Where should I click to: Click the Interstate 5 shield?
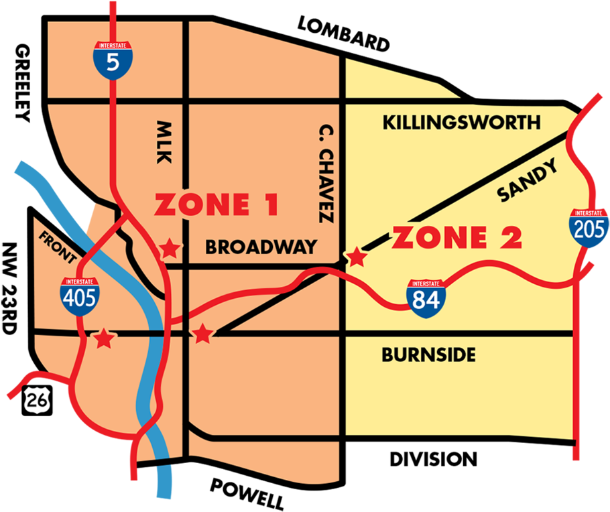[x=113, y=60]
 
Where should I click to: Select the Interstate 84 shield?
[x=426, y=299]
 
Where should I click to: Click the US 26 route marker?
[x=35, y=400]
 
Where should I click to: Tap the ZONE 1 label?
[x=216, y=206]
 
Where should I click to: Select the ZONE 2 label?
[x=456, y=238]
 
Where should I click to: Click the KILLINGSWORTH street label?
[x=461, y=123]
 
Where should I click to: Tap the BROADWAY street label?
[x=261, y=247]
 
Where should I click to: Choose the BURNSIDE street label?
[x=428, y=355]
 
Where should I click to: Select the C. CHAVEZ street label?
[x=325, y=173]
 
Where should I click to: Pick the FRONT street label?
[x=60, y=247]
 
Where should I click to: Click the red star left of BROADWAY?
[x=170, y=249]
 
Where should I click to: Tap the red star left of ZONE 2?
[x=356, y=257]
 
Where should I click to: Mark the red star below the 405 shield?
[x=103, y=338]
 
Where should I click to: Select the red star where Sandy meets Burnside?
[x=202, y=334]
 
